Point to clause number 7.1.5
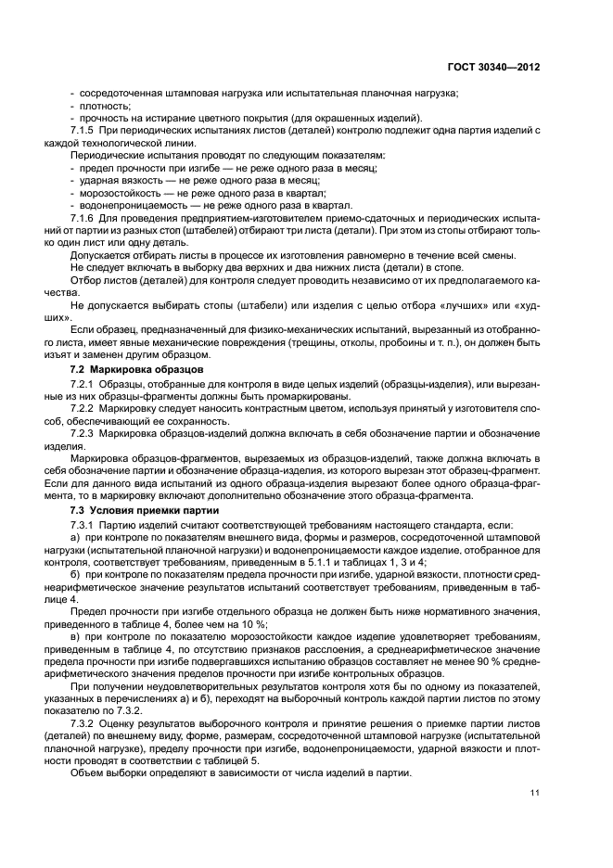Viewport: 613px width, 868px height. [x=85, y=131]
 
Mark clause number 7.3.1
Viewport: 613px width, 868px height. [x=85, y=524]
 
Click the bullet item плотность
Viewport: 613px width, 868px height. [x=106, y=105]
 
